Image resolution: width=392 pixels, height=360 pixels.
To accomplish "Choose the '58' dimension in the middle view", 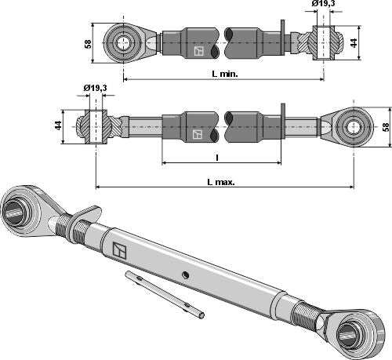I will [384, 125].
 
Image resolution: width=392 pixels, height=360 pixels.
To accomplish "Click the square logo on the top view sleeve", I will [198, 52].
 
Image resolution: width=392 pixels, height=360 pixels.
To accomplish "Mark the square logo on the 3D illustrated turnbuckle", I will [119, 250].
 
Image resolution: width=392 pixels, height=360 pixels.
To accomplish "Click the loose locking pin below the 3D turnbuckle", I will [166, 295].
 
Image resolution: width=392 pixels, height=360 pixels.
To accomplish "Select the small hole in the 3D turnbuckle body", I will [185, 274].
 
